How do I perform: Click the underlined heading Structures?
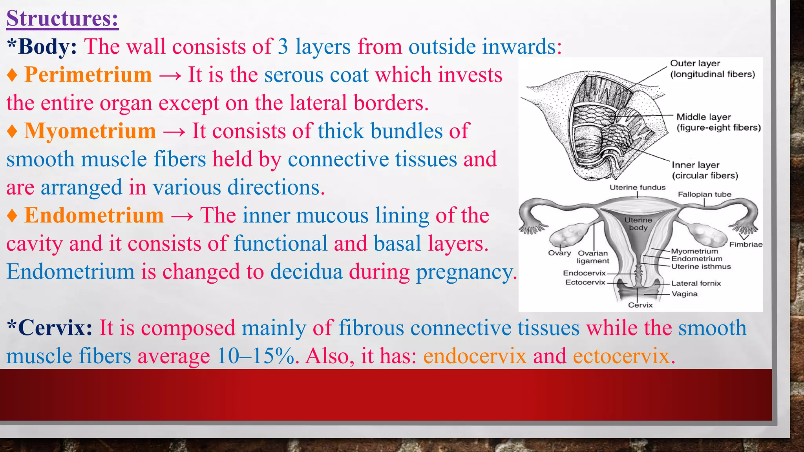[x=62, y=18]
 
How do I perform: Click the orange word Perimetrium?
[x=88, y=75]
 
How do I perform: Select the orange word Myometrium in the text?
[x=90, y=131]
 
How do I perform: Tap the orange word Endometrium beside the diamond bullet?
[x=94, y=215]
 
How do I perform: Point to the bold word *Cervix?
[x=49, y=328]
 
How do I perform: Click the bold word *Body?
[x=42, y=47]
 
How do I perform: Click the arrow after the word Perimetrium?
[x=170, y=75]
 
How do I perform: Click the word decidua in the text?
[x=306, y=272]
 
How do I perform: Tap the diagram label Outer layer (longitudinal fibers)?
[x=712, y=69]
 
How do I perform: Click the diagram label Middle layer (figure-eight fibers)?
[x=718, y=122]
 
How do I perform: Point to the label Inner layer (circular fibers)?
[x=705, y=170]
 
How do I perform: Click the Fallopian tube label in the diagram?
[x=704, y=194]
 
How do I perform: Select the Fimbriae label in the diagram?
[x=746, y=244]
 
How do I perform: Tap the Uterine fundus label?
[x=637, y=188]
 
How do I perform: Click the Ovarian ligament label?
[x=593, y=257]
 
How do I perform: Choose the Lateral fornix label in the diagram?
[x=696, y=283]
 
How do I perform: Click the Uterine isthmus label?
[x=701, y=266]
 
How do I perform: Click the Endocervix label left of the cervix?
[x=584, y=273]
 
